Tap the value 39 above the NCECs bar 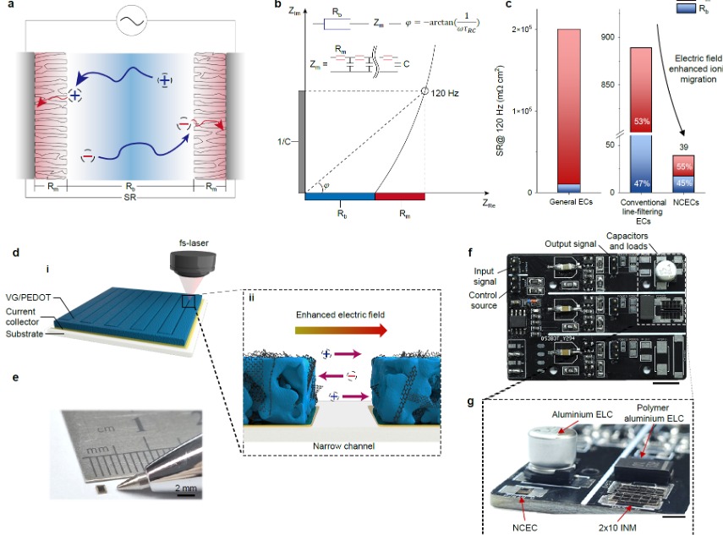683,147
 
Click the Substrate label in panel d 30,334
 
